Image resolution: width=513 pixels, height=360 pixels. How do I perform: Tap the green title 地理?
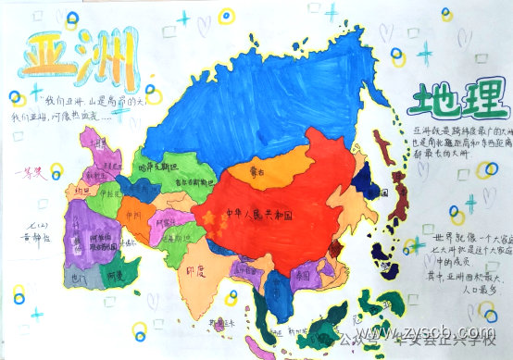click(x=453, y=101)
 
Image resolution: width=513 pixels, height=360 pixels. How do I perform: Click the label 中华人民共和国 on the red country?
click(x=260, y=215)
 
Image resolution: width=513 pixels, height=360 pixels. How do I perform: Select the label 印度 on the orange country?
click(x=195, y=272)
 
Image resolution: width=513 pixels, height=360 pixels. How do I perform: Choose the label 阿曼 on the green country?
click(x=113, y=275)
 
